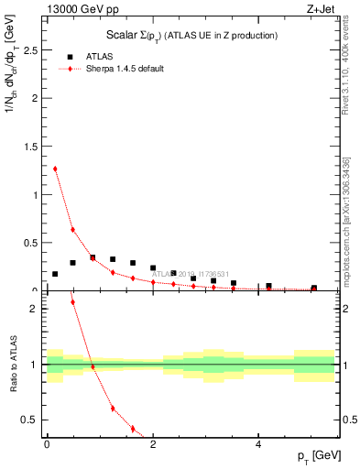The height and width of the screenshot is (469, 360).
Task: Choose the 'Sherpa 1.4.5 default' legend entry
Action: [x=125, y=69]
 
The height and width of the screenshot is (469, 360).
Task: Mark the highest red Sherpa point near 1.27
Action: [x=55, y=169]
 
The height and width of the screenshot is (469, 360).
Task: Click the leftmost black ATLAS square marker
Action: [x=55, y=274]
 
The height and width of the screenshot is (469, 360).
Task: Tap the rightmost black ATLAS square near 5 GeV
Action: [x=314, y=289]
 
